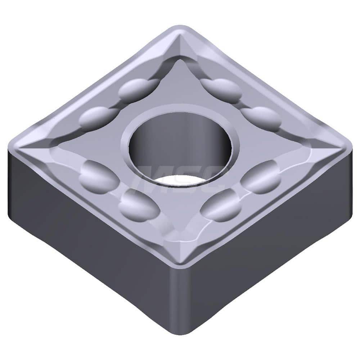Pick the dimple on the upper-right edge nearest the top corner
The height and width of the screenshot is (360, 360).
(221, 87)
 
